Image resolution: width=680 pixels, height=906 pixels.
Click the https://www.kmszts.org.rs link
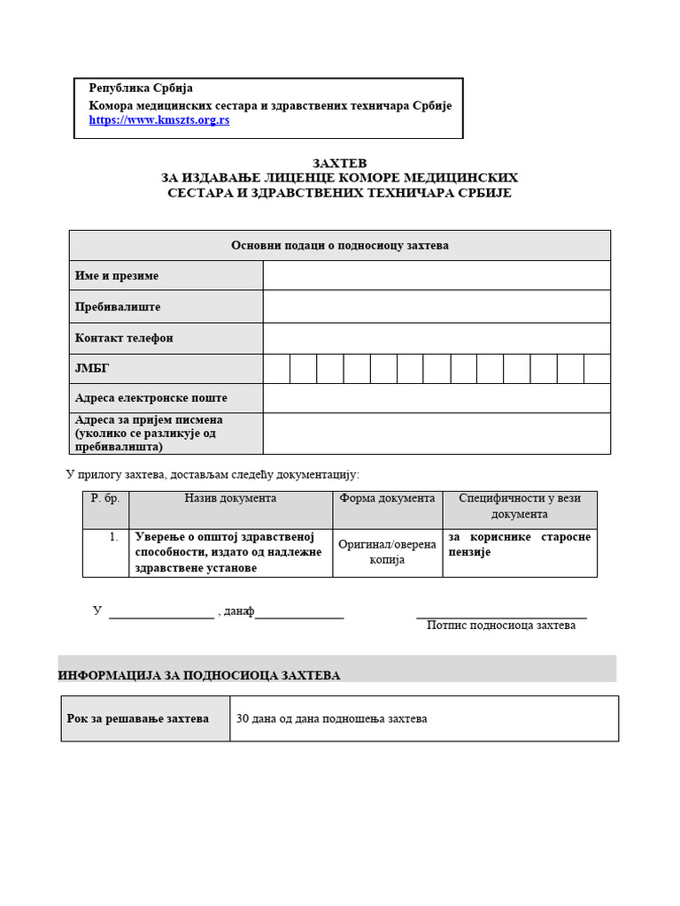158,119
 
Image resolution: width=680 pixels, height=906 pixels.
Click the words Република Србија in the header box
141,88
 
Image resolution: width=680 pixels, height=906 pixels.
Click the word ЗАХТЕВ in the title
339,164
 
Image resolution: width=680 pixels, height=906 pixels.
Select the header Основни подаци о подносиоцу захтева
339,245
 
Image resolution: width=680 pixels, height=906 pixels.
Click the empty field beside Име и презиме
437,275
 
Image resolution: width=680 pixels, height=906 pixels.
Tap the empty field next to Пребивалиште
437,306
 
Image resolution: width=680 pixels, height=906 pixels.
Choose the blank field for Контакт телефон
437,338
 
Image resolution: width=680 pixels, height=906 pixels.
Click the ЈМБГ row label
92,368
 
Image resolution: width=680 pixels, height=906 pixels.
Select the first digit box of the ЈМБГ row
276,368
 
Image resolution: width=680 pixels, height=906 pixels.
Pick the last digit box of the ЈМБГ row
597,368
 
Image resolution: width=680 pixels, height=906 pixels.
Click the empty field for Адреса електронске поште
437,398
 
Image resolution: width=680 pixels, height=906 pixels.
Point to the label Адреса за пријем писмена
149,419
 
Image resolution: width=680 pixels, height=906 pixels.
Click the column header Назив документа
230,498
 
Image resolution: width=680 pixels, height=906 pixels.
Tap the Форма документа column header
387,498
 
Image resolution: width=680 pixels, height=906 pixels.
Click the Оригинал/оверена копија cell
387,552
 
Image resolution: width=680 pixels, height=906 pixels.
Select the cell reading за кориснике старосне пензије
519,544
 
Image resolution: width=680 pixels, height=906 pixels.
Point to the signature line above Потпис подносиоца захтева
501,616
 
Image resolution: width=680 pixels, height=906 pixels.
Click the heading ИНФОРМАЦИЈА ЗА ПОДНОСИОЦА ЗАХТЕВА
199,675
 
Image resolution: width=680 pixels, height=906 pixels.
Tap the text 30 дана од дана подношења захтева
331,718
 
